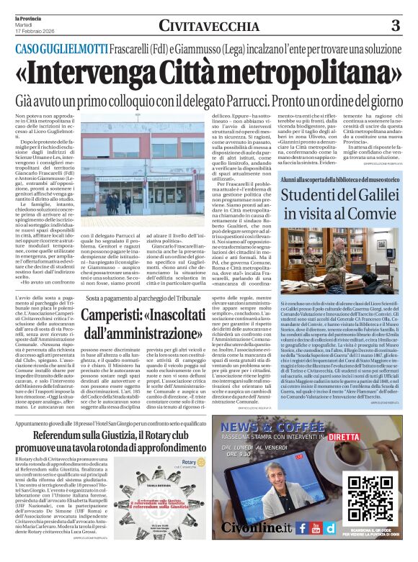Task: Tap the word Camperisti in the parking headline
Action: tap(129, 316)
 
